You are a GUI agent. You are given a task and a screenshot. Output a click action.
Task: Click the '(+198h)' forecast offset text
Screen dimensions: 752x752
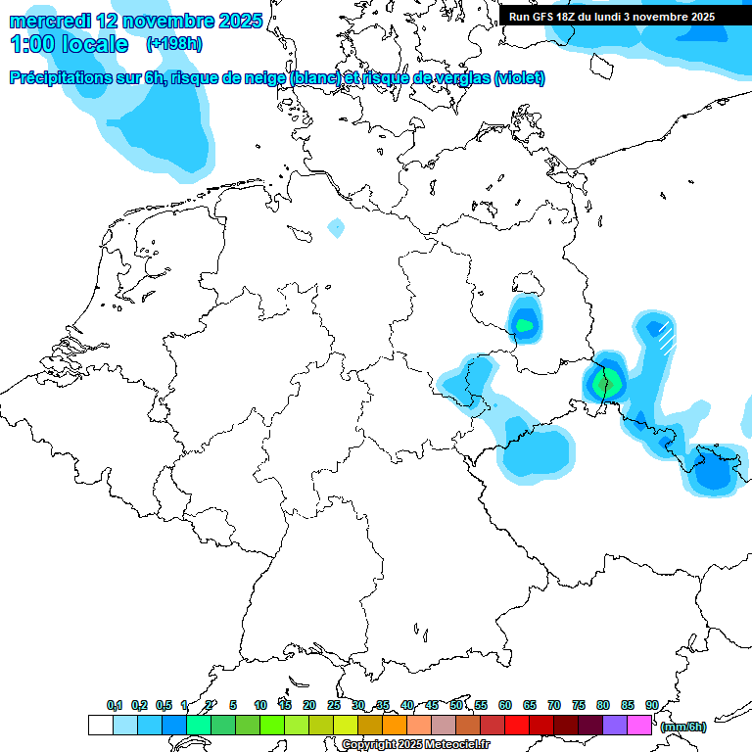[x=174, y=43]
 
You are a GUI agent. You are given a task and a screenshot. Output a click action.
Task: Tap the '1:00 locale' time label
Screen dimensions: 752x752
[x=69, y=44]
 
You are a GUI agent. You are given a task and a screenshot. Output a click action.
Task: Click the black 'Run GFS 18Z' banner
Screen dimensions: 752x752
[x=612, y=17]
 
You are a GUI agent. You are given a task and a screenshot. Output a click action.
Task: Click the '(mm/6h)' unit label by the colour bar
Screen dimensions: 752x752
[x=682, y=727]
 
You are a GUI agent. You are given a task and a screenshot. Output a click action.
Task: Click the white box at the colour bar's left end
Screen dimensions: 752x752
[x=100, y=725]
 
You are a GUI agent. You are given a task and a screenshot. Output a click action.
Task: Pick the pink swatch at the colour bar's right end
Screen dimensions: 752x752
[x=639, y=725]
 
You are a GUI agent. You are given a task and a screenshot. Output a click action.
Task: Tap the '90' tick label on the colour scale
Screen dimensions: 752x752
[x=652, y=705]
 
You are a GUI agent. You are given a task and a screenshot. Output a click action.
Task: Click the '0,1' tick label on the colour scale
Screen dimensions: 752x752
[x=115, y=705]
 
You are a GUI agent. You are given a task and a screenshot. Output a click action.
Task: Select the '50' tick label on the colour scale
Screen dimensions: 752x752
[x=456, y=705]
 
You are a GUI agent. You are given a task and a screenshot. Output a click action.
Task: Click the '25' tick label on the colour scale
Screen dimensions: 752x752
[x=334, y=705]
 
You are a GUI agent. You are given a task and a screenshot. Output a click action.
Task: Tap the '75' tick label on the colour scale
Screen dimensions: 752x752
[x=579, y=705]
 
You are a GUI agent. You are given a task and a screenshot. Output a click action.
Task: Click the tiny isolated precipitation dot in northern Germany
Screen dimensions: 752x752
[x=336, y=227]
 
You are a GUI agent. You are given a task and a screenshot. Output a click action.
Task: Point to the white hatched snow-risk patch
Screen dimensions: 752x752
[x=666, y=336]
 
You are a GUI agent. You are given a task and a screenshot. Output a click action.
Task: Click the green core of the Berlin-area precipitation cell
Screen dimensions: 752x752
[x=525, y=323]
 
